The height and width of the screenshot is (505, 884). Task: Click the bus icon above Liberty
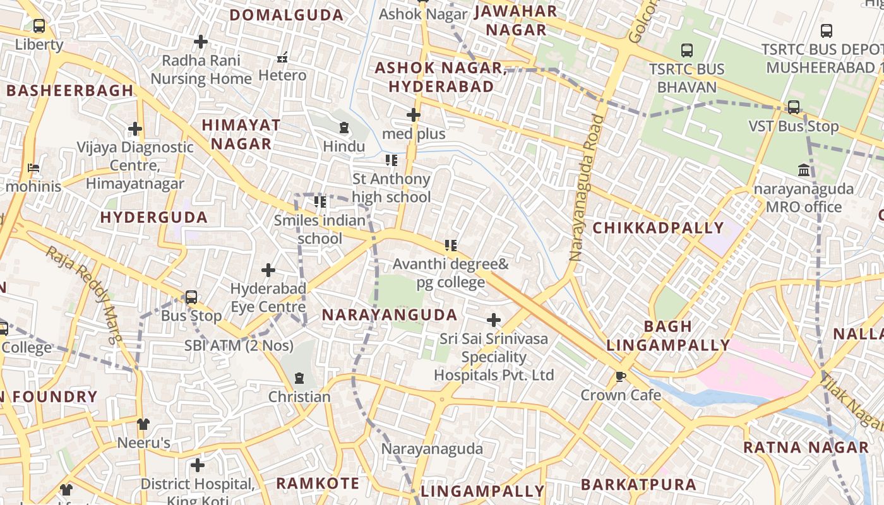click(x=39, y=26)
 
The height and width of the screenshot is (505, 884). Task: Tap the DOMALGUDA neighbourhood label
click(x=286, y=15)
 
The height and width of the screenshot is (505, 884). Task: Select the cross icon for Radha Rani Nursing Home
click(x=201, y=42)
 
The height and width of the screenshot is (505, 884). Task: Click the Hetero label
click(x=282, y=75)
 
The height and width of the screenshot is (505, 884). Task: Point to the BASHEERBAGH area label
click(x=70, y=90)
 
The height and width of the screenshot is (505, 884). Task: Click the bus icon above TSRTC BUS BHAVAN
click(x=687, y=50)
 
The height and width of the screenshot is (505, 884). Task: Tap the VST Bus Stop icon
click(x=794, y=107)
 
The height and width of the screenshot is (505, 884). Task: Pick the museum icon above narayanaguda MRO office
click(x=804, y=170)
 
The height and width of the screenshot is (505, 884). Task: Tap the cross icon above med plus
click(x=414, y=115)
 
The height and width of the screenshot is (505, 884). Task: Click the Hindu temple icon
click(x=344, y=128)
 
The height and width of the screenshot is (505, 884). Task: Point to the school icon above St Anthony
click(x=391, y=160)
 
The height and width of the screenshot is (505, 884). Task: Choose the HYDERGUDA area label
click(x=154, y=218)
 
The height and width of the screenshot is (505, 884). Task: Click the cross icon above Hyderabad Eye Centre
click(x=268, y=270)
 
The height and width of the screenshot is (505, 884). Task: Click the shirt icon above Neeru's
click(x=143, y=424)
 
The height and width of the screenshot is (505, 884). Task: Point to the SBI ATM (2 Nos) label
click(x=239, y=345)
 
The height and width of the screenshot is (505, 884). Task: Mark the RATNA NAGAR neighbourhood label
click(x=806, y=448)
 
